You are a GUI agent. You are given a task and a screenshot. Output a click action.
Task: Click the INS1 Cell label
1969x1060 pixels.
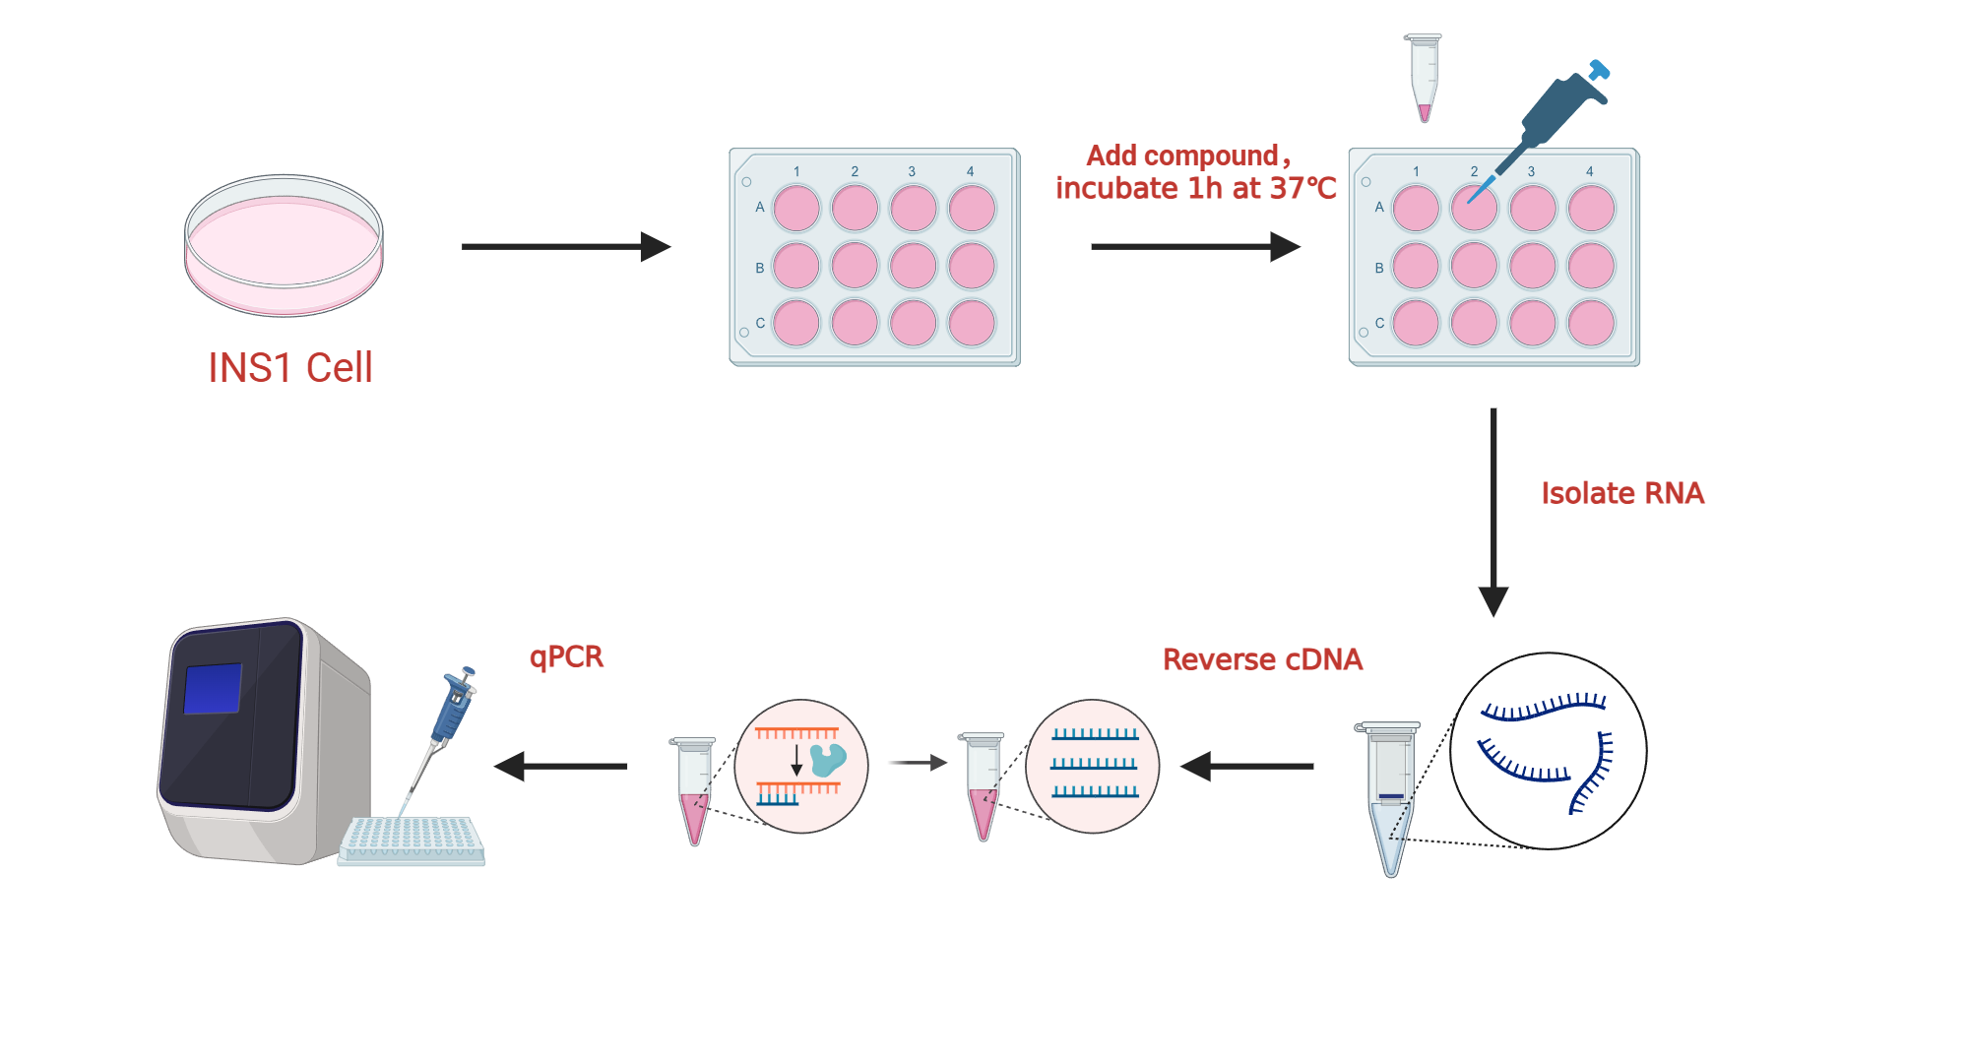pyautogui.click(x=290, y=368)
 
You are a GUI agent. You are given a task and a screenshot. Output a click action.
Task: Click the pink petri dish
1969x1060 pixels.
pyautogui.click(x=284, y=246)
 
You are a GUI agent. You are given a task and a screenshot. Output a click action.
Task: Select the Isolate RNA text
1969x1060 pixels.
pyautogui.click(x=1621, y=493)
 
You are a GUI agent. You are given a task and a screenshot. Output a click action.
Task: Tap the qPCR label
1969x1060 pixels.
pyautogui.click(x=566, y=656)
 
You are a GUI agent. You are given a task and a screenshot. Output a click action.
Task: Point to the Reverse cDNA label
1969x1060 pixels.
pyautogui.click(x=1262, y=659)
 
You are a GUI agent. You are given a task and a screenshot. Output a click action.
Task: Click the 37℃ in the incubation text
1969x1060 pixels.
pyautogui.click(x=1302, y=188)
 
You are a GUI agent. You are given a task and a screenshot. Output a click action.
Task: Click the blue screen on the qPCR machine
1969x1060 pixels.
pyautogui.click(x=213, y=688)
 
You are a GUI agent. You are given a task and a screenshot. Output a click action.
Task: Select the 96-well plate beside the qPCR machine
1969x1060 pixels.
pyautogui.click(x=412, y=840)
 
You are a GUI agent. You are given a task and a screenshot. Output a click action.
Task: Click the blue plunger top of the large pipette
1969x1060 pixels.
pyautogui.click(x=1599, y=70)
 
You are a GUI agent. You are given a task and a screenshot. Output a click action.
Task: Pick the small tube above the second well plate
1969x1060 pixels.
pyautogui.click(x=1424, y=77)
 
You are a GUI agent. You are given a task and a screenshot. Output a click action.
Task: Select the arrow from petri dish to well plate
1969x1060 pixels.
pyautogui.click(x=565, y=246)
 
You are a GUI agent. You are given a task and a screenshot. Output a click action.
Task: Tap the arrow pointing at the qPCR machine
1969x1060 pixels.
pyautogui.click(x=560, y=766)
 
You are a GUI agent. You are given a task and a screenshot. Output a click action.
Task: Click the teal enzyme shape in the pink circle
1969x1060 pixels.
pyautogui.click(x=827, y=759)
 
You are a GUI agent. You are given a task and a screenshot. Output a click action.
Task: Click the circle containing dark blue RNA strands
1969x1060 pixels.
pyautogui.click(x=1548, y=751)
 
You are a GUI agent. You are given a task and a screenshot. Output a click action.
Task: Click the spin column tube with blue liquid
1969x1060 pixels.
pyautogui.click(x=1389, y=797)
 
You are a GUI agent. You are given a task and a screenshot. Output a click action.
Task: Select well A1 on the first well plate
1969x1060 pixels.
pyautogui.click(x=796, y=209)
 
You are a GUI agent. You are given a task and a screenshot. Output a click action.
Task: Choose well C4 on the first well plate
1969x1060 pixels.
pyautogui.click(x=972, y=324)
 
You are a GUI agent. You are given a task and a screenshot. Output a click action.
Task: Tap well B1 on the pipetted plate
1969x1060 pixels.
pyautogui.click(x=1416, y=266)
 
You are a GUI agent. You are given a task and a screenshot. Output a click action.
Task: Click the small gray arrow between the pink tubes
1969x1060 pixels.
pyautogui.click(x=917, y=762)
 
